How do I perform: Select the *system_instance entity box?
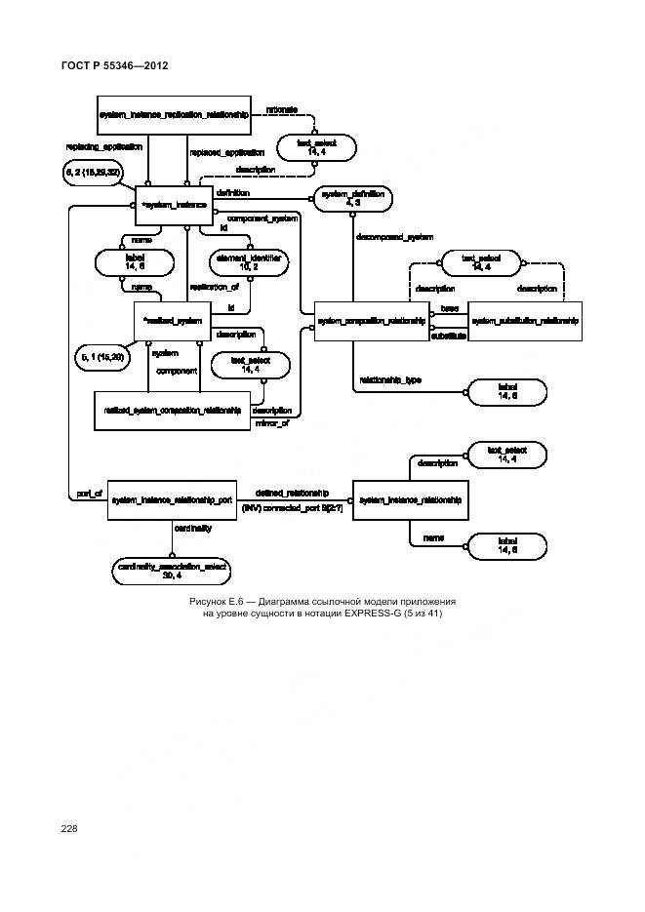(x=174, y=206)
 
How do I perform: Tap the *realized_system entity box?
(x=173, y=320)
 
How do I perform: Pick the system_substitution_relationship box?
(x=524, y=320)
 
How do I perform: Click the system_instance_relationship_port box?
(x=172, y=499)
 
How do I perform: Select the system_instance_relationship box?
(x=409, y=499)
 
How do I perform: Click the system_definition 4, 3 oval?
(x=350, y=198)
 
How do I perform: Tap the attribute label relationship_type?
(x=390, y=380)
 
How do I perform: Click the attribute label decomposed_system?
(x=394, y=237)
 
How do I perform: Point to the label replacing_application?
(x=103, y=147)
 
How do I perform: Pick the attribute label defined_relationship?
(x=291, y=493)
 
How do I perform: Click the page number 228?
(x=68, y=828)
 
